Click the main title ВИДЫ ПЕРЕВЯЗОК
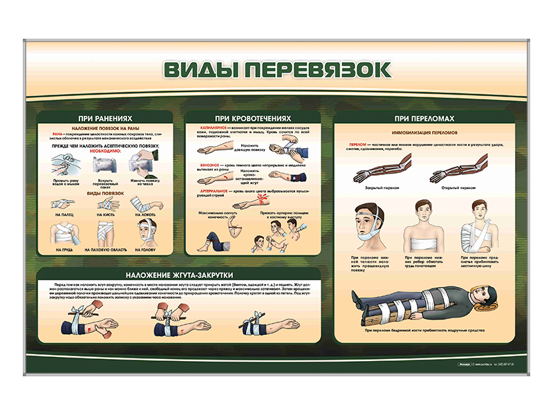276,70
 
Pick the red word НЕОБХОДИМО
104,151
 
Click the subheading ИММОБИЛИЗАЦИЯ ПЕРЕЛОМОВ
420,131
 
